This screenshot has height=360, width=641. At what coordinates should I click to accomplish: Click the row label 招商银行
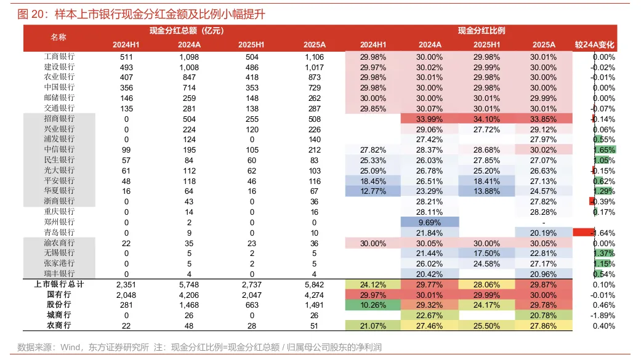[59, 119]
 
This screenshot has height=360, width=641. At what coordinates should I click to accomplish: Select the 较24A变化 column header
[595, 45]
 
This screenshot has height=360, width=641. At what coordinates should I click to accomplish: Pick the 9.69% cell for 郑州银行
[430, 222]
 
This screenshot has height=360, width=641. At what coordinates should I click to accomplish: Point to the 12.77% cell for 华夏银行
[373, 191]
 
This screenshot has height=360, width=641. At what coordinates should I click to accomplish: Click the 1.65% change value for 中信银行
[603, 150]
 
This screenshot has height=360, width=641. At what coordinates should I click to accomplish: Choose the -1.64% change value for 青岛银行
[603, 232]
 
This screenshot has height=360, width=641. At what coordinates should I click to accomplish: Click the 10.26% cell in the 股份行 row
[373, 305]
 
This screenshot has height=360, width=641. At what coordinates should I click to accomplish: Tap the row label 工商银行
[59, 57]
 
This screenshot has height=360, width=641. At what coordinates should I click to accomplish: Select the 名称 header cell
[58, 38]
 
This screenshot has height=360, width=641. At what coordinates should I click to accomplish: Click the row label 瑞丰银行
[59, 273]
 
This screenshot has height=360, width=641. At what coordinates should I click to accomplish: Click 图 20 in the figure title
[30, 14]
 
